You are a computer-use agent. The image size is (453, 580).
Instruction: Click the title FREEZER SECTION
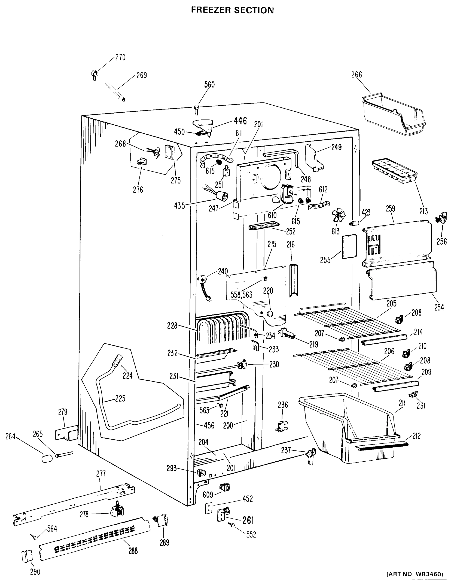(232, 10)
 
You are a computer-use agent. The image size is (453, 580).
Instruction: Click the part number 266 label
(356, 75)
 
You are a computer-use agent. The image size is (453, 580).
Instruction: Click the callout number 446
(240, 121)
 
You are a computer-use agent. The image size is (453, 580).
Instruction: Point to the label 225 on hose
(120, 399)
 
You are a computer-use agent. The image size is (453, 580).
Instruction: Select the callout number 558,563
(241, 295)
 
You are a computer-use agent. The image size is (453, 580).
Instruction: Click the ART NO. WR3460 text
(415, 574)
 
